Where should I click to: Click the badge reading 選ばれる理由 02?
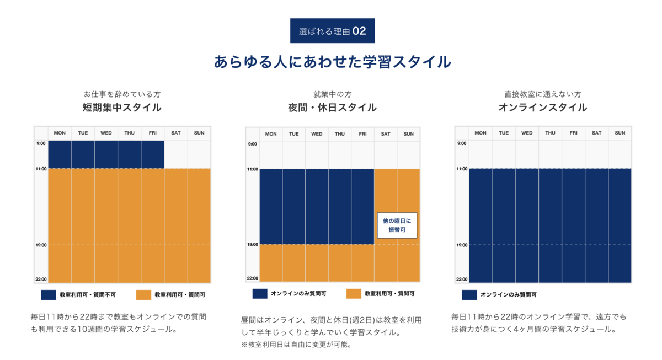332,31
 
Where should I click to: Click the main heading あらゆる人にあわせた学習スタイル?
332,61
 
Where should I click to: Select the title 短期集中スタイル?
122,108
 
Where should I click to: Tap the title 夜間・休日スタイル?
332,108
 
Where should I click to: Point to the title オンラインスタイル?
542,108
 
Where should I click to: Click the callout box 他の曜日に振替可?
397,225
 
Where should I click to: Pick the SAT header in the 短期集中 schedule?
176,133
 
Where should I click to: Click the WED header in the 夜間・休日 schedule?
317,134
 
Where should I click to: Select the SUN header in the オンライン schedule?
620,133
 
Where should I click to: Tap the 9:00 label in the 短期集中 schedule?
40,143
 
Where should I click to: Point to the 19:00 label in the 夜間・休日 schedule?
252,244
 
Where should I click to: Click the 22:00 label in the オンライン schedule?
461,280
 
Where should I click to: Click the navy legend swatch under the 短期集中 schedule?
49,295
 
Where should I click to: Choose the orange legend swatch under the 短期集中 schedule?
143,295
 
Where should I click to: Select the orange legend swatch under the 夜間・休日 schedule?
354,294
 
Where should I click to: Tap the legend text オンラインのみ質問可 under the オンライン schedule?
508,295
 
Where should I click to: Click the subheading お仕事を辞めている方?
122,94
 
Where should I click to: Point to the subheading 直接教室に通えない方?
542,94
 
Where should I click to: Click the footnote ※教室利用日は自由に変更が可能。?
296,345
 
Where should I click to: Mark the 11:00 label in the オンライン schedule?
461,169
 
